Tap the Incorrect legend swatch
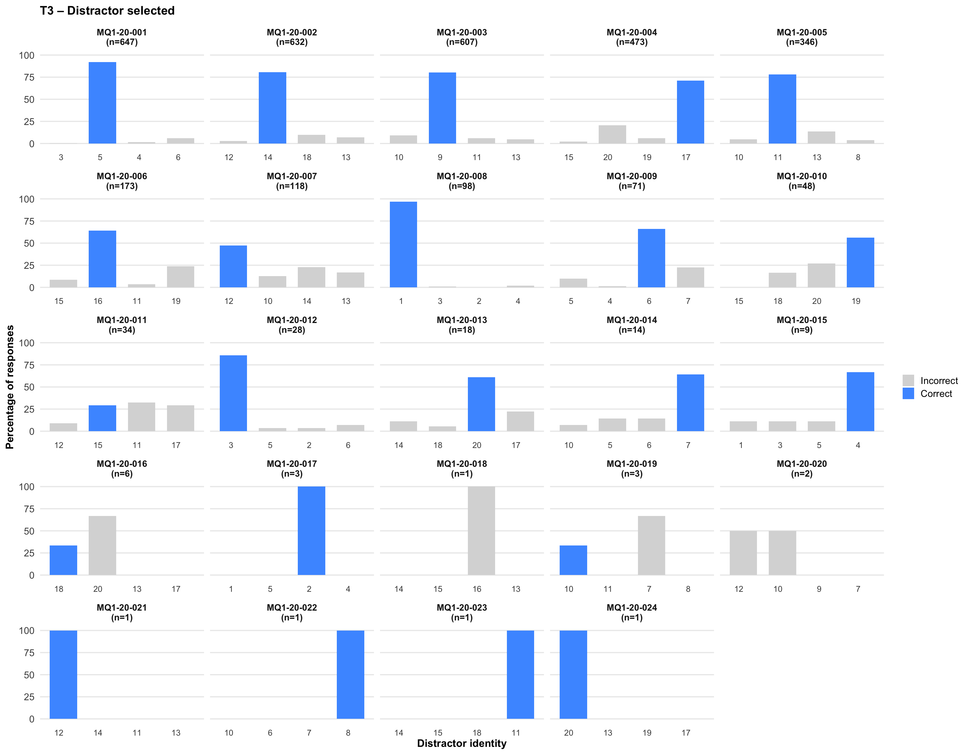point(908,380)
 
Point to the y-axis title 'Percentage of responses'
point(10,386)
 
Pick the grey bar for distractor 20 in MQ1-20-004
point(612,134)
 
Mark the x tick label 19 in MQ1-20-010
point(856,301)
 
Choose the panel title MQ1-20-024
point(632,608)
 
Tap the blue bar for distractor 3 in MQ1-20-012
point(233,393)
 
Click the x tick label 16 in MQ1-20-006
point(98,301)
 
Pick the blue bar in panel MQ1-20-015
point(860,401)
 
